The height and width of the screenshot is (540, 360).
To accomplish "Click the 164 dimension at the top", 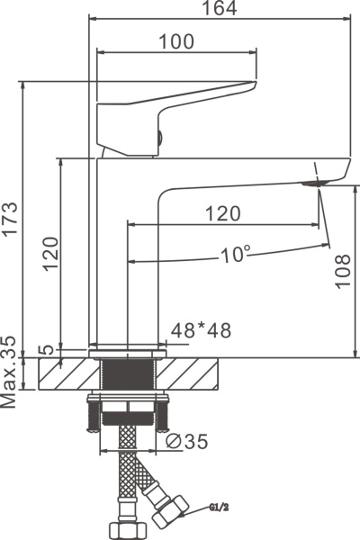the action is pos(219,8).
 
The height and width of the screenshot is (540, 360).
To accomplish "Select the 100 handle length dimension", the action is pos(176,41).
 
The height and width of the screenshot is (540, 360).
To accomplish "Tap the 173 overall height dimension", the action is pos(10,219).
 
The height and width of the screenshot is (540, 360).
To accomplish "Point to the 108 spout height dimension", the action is pos(343,271).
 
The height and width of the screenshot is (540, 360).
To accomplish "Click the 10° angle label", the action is pos(235,255).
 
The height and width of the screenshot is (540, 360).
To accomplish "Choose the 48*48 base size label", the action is pos(202,330).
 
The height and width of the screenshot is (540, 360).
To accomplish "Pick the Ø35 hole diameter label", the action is pos(186,441).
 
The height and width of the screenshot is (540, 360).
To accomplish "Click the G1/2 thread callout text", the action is pos(219,508).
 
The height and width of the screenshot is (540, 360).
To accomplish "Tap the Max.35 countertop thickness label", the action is pos(9,372).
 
